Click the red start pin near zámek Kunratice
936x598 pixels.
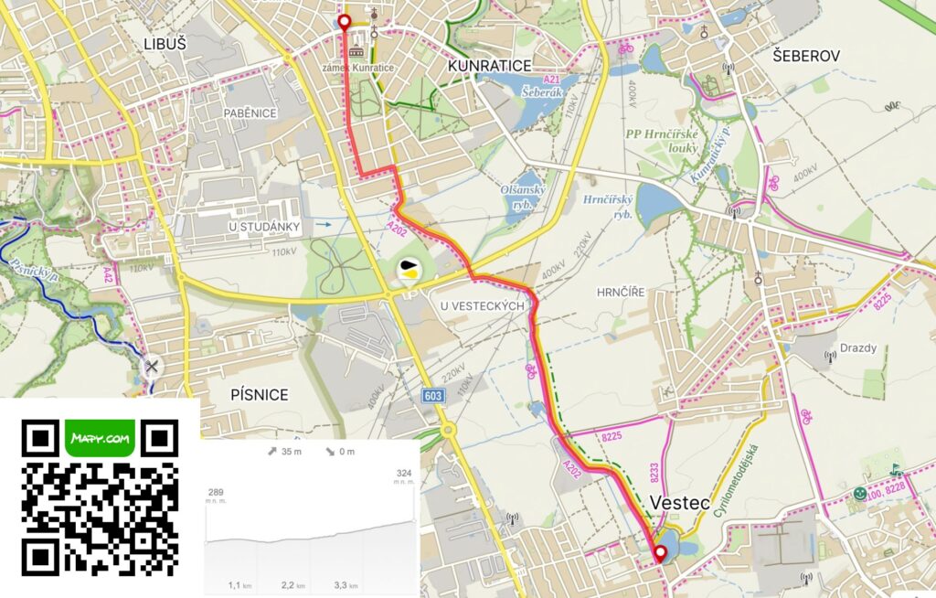(x=344, y=23)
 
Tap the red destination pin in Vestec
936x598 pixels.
(x=659, y=553)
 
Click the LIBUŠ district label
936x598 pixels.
(x=165, y=43)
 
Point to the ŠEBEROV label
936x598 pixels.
(x=805, y=56)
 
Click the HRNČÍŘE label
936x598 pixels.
(x=621, y=292)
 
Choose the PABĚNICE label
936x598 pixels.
(x=250, y=113)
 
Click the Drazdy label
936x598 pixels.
(x=858, y=348)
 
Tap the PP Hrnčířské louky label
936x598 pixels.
(x=664, y=141)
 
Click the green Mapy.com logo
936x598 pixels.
(x=101, y=438)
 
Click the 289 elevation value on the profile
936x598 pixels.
(x=216, y=491)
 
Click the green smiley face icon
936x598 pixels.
(x=859, y=494)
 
